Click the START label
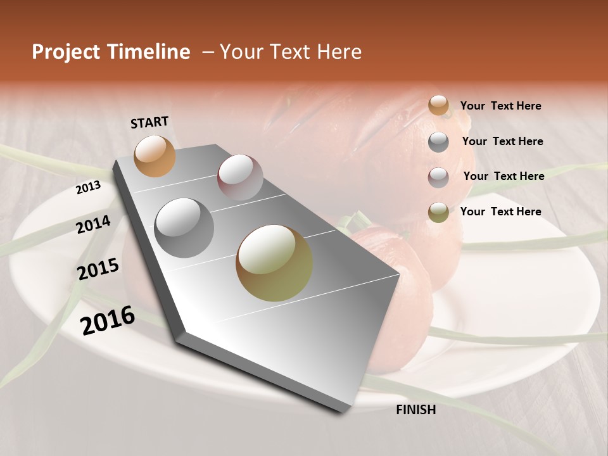(x=149, y=122)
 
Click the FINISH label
(x=415, y=410)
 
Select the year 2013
(x=88, y=187)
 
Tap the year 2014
(x=93, y=225)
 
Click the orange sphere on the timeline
(x=155, y=156)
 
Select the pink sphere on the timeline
(x=240, y=177)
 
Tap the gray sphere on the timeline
(x=184, y=228)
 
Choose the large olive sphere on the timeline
(x=274, y=263)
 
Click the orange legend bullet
(x=438, y=106)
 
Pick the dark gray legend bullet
(x=438, y=142)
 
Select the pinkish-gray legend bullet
(x=438, y=177)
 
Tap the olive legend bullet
(x=438, y=212)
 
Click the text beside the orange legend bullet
(x=500, y=106)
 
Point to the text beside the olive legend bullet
(x=500, y=212)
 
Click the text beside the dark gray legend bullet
(x=502, y=141)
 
